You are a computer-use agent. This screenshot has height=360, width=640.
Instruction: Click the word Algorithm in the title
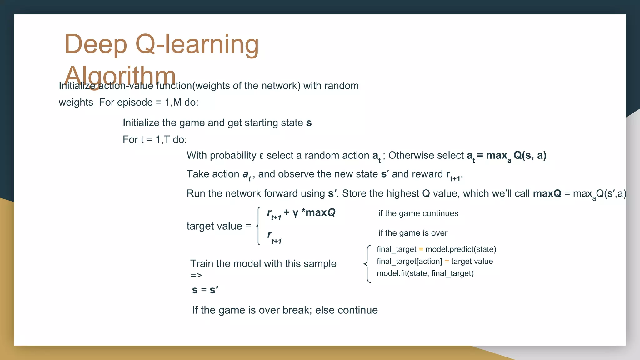coord(120,76)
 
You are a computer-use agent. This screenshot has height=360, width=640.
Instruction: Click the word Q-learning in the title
coord(197,44)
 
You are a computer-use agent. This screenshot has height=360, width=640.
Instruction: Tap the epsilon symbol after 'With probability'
coord(262,156)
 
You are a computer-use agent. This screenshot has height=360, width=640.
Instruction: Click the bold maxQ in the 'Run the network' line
coord(547,193)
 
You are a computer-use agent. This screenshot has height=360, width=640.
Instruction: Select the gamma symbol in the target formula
coord(295,213)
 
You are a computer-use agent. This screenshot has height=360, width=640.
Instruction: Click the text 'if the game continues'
coord(418,213)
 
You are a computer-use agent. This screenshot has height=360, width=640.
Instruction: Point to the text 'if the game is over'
coord(413,233)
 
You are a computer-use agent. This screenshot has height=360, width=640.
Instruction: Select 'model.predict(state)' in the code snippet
coord(461,249)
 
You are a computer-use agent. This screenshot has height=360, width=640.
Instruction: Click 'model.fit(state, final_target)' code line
coord(425,273)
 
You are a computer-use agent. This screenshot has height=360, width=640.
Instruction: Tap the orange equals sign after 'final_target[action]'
coord(447,262)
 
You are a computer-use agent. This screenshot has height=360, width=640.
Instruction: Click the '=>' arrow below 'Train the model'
coord(196,276)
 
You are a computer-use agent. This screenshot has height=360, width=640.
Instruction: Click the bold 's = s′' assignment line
coord(205,290)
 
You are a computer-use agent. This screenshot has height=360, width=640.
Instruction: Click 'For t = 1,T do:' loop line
coord(155,139)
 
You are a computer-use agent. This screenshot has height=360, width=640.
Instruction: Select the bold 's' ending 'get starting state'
coord(309,123)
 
